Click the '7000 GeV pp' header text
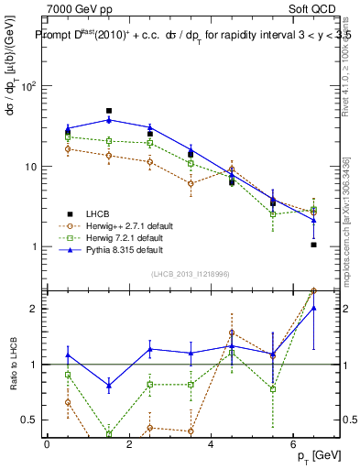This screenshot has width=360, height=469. [x=80, y=8]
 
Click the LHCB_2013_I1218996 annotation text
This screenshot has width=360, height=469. [x=191, y=274]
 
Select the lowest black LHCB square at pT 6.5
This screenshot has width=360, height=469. [x=313, y=245]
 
